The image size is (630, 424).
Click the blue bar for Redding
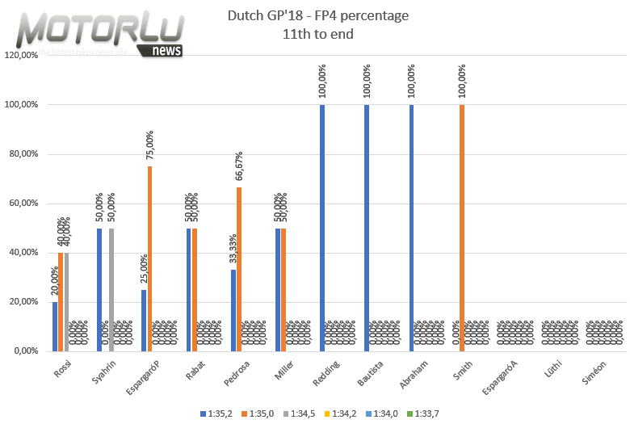(322, 228)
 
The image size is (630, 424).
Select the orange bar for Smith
(462, 228)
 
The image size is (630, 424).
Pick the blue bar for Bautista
(367, 228)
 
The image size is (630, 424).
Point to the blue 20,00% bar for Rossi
(55, 326)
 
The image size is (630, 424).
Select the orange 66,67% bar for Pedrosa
(239, 269)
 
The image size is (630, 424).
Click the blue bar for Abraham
(412, 228)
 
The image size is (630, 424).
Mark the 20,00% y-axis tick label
(21, 302)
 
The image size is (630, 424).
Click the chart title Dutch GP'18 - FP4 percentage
(318, 15)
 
